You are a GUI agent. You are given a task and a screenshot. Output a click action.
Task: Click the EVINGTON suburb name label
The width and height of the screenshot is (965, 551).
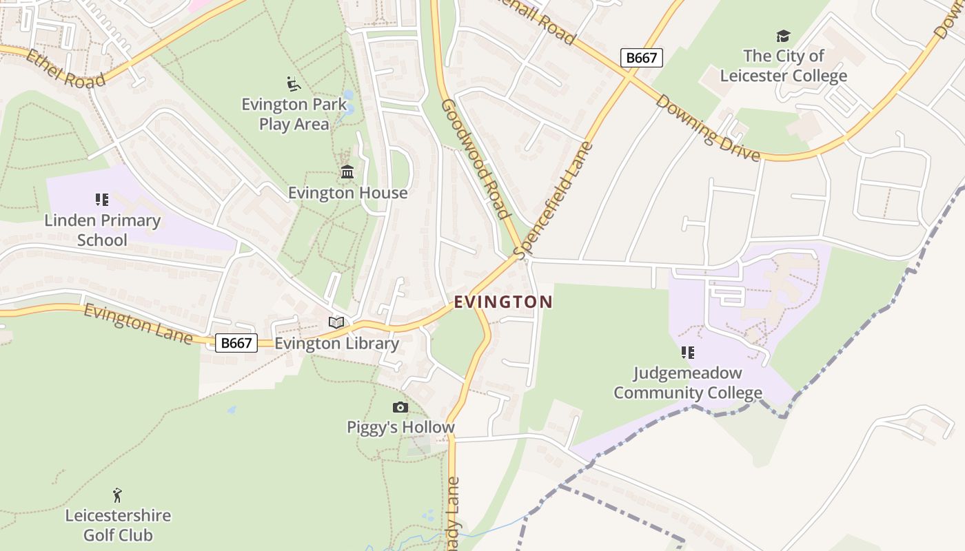tap(503, 302)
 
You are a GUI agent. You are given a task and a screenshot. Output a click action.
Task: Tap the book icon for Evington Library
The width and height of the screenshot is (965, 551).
tap(336, 322)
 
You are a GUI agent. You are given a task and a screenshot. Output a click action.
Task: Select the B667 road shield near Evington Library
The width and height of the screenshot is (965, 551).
tap(236, 342)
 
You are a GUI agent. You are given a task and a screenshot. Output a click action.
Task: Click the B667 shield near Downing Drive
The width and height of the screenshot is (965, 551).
tap(641, 58)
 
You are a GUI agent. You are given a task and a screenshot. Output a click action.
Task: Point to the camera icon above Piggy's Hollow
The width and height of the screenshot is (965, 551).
tap(400, 408)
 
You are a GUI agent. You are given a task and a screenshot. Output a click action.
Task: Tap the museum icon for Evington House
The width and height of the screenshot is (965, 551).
tap(347, 172)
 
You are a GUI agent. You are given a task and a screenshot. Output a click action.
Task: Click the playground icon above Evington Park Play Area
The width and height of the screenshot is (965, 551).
tap(294, 84)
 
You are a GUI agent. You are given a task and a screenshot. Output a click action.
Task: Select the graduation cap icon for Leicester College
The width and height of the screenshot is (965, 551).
tap(783, 36)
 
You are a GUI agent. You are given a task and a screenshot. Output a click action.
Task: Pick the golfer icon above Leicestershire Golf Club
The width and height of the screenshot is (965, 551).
tap(118, 495)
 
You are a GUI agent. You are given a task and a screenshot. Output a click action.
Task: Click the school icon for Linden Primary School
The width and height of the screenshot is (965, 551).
tap(102, 200)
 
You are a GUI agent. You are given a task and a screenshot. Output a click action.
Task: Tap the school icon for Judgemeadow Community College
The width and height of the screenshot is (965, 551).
tap(687, 353)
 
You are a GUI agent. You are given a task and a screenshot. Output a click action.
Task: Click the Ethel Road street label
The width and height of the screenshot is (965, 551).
tap(65, 67)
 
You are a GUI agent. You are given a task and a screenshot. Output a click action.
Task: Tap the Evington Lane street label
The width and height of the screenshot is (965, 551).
tap(138, 324)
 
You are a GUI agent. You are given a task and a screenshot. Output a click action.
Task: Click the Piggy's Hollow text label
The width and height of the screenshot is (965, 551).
tap(400, 427)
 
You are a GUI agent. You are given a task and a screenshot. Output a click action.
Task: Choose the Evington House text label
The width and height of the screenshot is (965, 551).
tap(347, 193)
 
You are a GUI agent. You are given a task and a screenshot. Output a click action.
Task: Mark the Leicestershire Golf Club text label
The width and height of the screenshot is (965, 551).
tap(118, 525)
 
